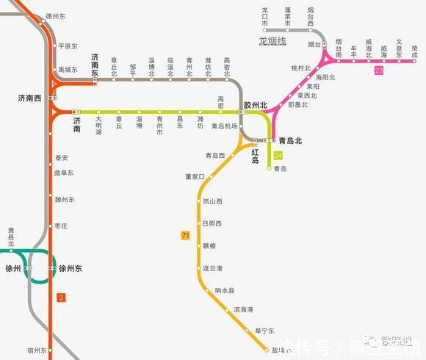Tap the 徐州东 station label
click(x=70, y=269)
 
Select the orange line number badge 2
click(x=61, y=298)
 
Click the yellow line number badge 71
click(x=185, y=235)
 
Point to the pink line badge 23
click(x=378, y=70)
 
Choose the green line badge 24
click(x=278, y=156)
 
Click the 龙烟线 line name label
click(x=272, y=42)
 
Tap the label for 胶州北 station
click(x=255, y=106)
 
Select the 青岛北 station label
click(x=290, y=140)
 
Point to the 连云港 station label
click(x=214, y=269)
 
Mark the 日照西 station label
click(x=212, y=223)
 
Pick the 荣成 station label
click(x=415, y=51)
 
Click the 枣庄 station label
click(x=62, y=227)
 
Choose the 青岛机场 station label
click(x=224, y=126)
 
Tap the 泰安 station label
click(x=62, y=158)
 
